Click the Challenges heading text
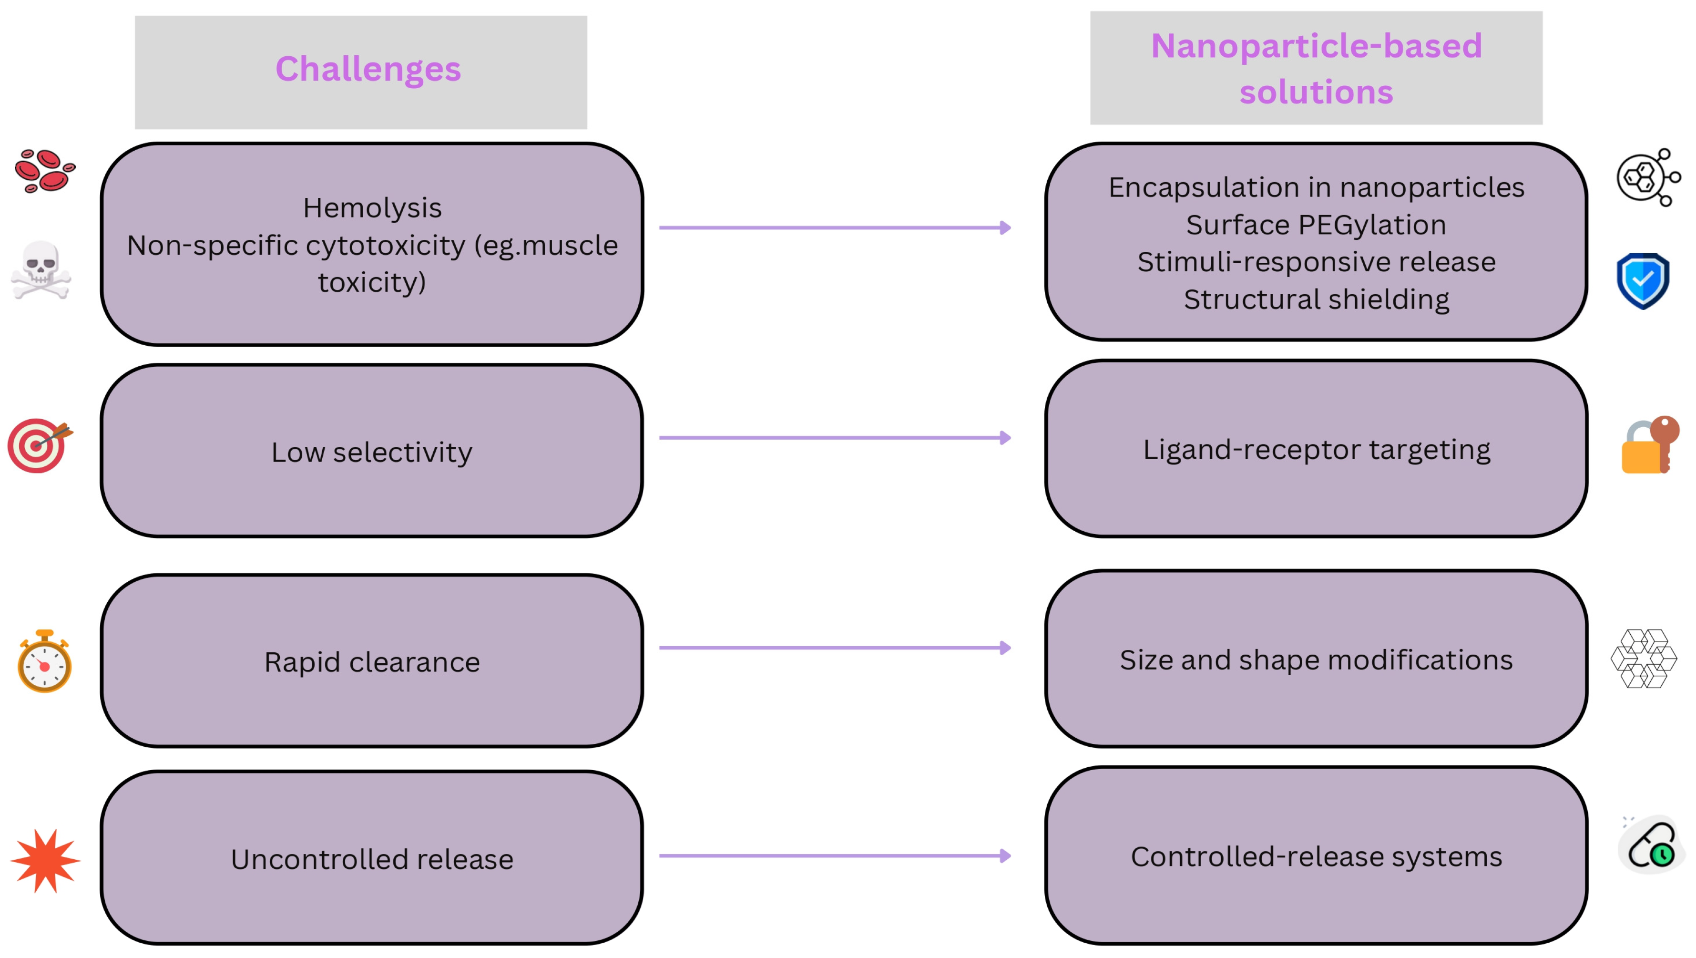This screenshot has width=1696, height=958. pyautogui.click(x=368, y=69)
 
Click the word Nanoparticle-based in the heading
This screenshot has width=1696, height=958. pyautogui.click(x=1316, y=46)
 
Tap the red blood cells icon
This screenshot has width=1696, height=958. pyautogui.click(x=45, y=171)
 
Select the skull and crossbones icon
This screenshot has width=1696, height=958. pyautogui.click(x=41, y=270)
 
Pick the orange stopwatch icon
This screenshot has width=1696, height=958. pyautogui.click(x=44, y=662)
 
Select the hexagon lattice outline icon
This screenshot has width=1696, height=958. pyautogui.click(x=1644, y=659)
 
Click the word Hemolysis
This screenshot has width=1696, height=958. pyautogui.click(x=372, y=208)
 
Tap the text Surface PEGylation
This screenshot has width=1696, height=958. pyautogui.click(x=1316, y=225)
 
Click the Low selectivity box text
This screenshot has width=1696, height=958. pyautogui.click(x=372, y=453)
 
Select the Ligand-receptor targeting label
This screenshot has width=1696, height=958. pyautogui.click(x=1316, y=450)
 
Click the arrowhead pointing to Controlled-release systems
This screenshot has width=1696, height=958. pyautogui.click(x=1005, y=856)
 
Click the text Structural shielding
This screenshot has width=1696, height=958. pyautogui.click(x=1316, y=299)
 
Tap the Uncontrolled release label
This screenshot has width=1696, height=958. pyautogui.click(x=372, y=859)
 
